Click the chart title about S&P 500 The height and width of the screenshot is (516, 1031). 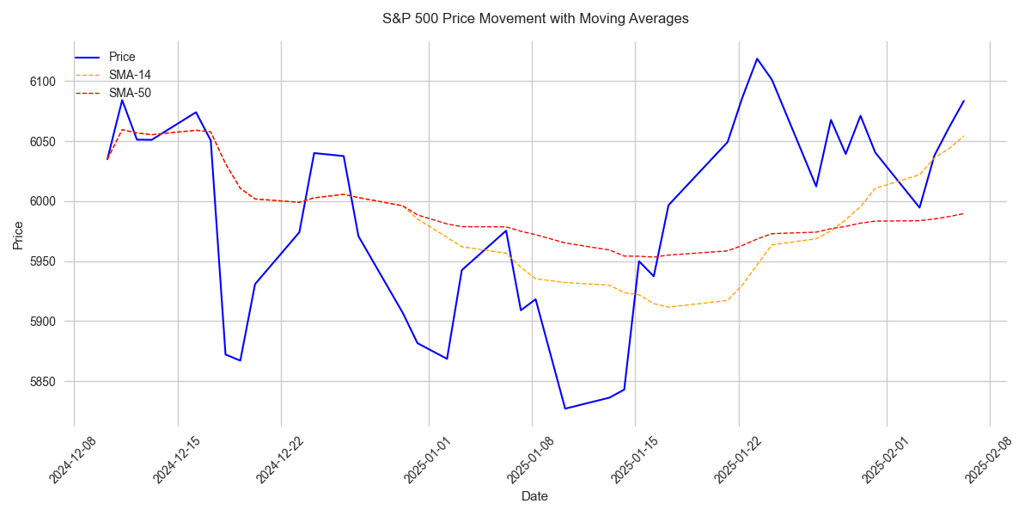click(534, 18)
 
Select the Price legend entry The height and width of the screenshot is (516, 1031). click(122, 57)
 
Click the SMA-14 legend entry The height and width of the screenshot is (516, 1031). click(130, 75)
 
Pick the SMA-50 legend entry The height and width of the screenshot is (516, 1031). click(130, 93)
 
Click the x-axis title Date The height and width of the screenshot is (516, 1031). click(534, 496)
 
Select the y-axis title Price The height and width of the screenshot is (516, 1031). click(19, 234)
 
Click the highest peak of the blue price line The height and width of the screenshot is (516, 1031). click(757, 58)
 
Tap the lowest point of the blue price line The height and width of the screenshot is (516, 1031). click(564, 408)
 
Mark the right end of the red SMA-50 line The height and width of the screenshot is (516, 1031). click(963, 213)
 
